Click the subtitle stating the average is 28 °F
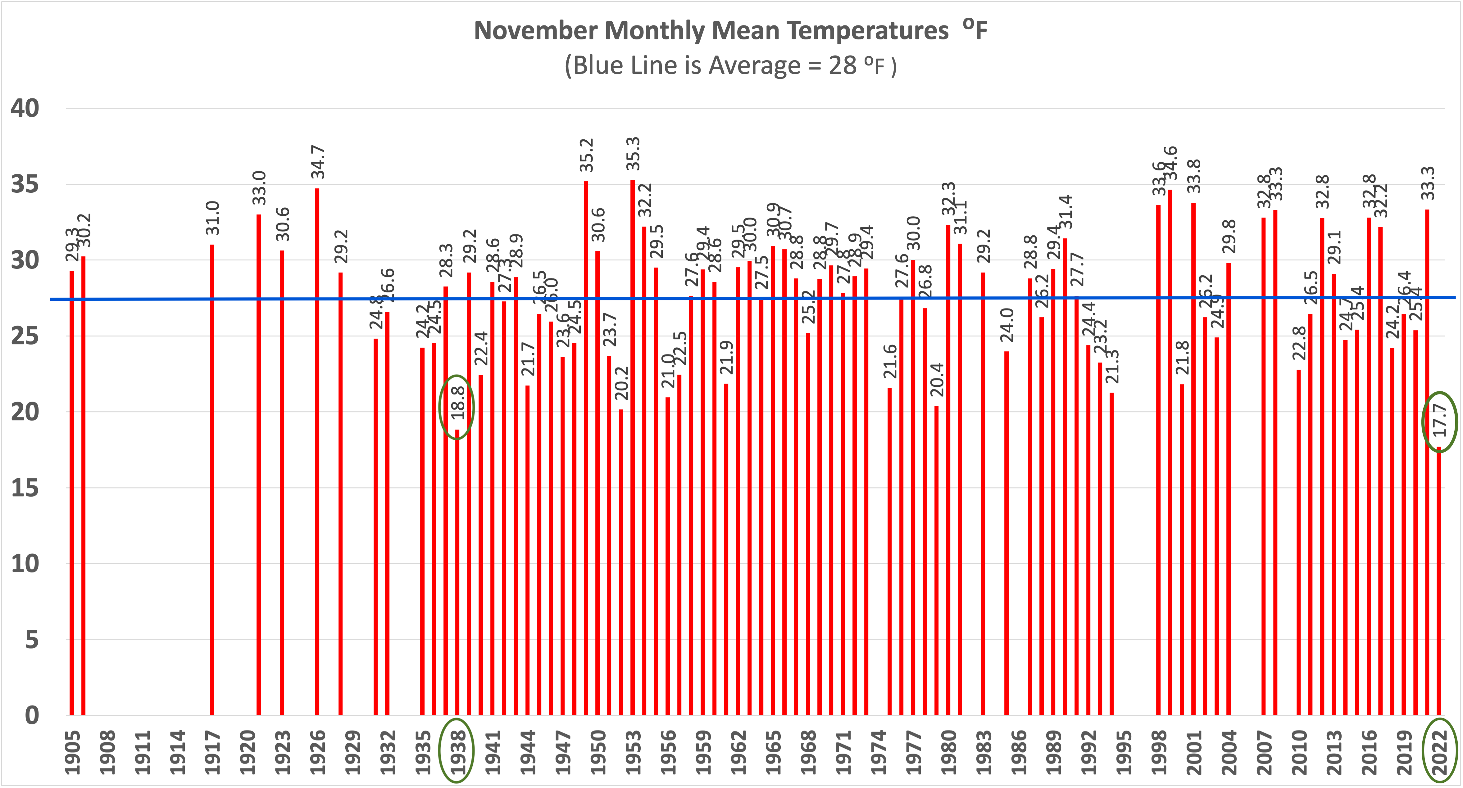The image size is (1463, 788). [x=730, y=66]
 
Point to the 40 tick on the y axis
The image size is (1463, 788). [x=25, y=108]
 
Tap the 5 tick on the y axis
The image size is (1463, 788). [x=32, y=640]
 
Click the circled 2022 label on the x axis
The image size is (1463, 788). [x=1439, y=751]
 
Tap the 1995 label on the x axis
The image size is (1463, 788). [x=1123, y=751]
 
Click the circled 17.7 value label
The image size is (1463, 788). [x=1439, y=420]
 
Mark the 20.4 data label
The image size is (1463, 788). [x=937, y=379]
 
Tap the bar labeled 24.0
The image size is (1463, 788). [x=1006, y=533]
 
